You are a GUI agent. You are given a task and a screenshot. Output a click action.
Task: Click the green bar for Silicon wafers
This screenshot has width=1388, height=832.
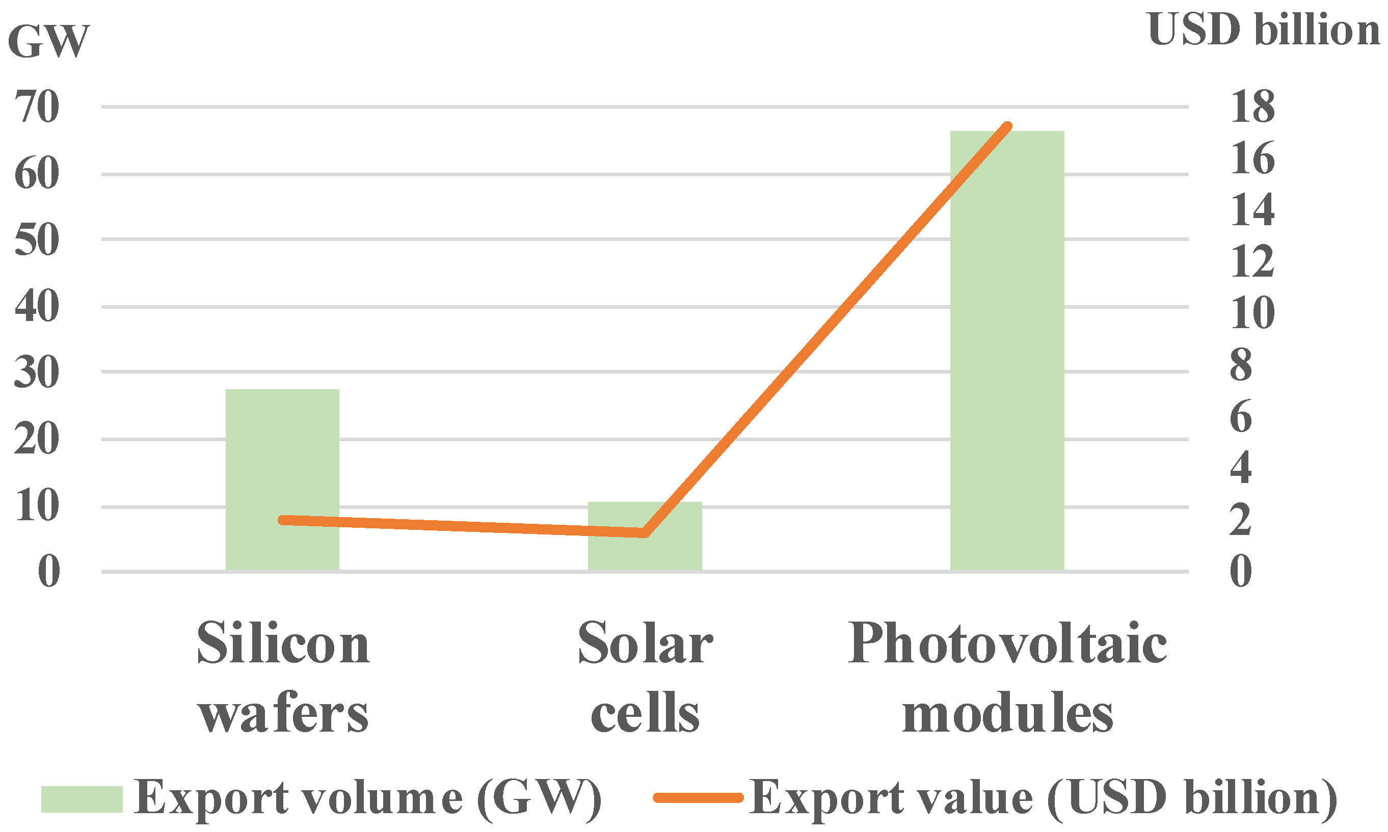(282, 479)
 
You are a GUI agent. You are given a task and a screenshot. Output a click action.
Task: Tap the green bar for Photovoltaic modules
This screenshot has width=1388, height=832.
(1007, 351)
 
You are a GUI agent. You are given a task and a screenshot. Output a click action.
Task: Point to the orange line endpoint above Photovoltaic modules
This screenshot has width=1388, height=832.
(1007, 126)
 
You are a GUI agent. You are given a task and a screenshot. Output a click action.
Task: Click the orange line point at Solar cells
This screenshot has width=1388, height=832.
(645, 533)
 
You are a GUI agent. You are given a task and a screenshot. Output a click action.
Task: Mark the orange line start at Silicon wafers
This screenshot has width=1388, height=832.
(282, 520)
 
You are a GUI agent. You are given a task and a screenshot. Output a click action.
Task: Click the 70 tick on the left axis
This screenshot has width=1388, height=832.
(37, 106)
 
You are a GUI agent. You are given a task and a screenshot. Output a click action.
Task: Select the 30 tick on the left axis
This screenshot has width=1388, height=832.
(37, 372)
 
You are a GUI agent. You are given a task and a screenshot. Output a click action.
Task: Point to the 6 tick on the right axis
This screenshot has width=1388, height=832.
(1240, 417)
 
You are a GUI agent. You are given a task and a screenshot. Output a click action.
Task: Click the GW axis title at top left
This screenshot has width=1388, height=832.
(48, 42)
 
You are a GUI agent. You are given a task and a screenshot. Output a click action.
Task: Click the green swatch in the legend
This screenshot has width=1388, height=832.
(82, 799)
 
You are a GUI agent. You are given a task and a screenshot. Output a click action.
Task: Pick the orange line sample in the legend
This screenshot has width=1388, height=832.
(698, 798)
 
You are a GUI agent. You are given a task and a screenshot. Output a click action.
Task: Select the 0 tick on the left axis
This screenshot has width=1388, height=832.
(49, 572)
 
